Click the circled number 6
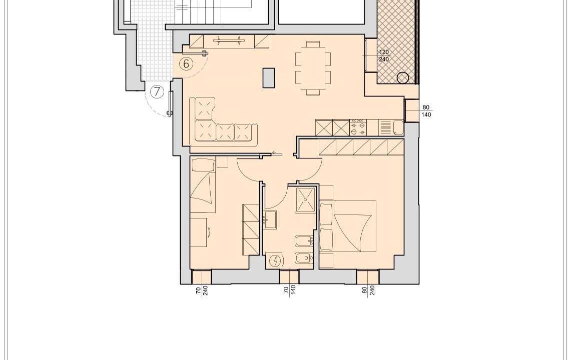[x=186, y=64]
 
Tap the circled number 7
[x=157, y=92]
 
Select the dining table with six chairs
[x=313, y=68]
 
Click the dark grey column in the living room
[x=269, y=78]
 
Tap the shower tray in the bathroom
[x=306, y=200]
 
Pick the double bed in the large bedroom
[x=348, y=226]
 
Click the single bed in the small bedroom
[x=203, y=185]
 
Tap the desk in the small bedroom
[x=198, y=232]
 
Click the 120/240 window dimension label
[x=384, y=55]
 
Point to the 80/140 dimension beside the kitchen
[x=426, y=111]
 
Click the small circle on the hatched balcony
[x=403, y=78]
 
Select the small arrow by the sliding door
[x=275, y=152]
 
